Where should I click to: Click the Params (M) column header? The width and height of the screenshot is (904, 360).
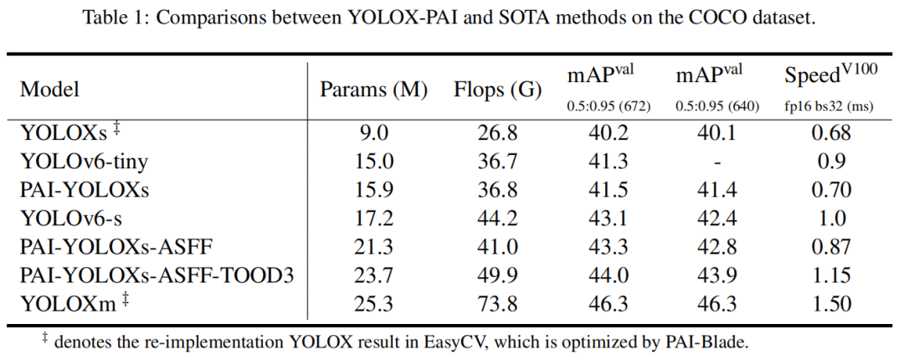click(x=373, y=89)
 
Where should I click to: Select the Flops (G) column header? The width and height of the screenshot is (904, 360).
click(x=498, y=89)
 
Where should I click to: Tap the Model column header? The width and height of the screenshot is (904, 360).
click(x=50, y=89)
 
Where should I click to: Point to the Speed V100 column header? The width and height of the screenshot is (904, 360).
click(x=830, y=75)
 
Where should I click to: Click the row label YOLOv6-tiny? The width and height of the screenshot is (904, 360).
click(x=77, y=161)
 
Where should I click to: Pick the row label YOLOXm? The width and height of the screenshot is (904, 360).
click(x=66, y=303)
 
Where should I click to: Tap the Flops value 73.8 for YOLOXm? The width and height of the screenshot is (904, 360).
click(x=498, y=303)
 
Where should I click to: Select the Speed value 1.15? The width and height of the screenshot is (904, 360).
click(x=830, y=275)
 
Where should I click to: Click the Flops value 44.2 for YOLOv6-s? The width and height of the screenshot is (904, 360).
click(x=498, y=218)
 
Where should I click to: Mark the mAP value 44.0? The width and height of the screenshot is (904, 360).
click(x=609, y=275)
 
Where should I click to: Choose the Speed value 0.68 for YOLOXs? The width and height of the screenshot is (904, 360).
click(x=830, y=132)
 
